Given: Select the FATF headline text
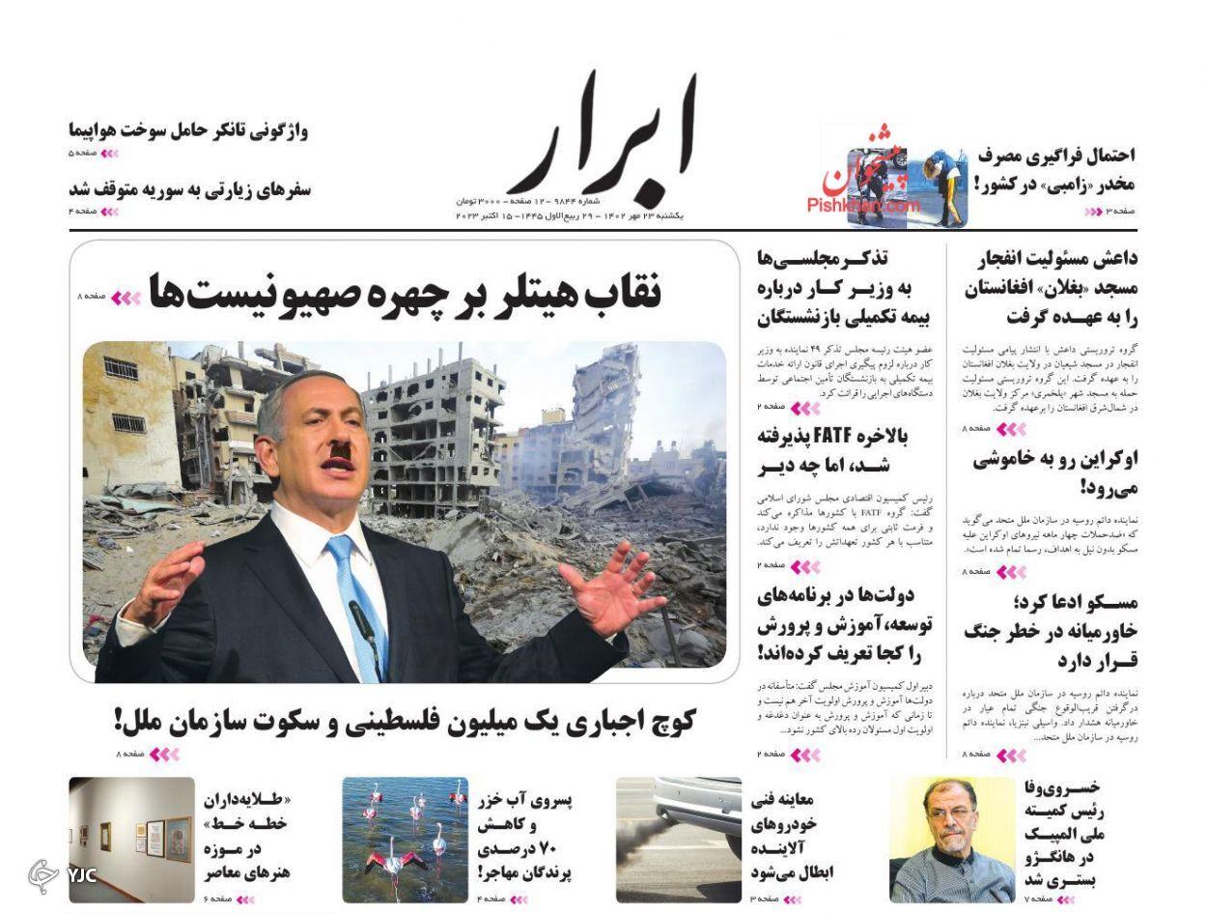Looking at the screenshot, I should pos(832,451).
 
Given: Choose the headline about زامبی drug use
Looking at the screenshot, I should pos(1054,169).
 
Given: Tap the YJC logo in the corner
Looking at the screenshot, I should pos(63,874).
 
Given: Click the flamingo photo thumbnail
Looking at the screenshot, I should pos(405,840).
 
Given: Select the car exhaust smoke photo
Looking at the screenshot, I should pos(679,840).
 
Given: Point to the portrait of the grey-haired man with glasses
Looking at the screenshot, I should pos(952,840).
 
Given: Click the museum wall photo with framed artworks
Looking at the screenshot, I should pos(131,840).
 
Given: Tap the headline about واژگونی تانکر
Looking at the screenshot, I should pos(188,130).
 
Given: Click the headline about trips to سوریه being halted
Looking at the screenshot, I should pos(190,188).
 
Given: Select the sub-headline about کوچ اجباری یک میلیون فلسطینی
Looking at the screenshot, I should pos(406,721).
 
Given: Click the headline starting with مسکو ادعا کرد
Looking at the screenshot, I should pos(1051,631).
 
